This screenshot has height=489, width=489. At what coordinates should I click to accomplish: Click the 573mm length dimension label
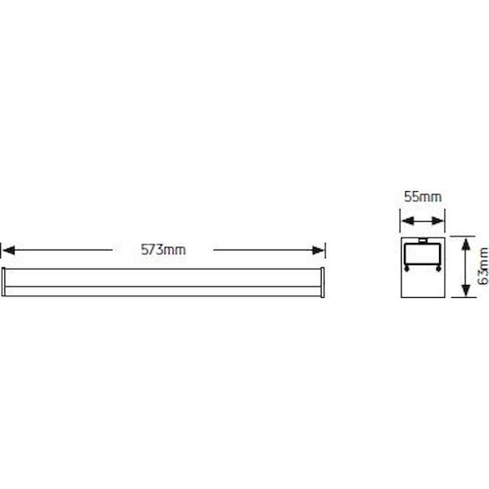(163, 250)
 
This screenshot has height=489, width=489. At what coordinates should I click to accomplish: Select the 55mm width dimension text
(423, 197)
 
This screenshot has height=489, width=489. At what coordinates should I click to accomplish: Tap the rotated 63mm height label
(483, 266)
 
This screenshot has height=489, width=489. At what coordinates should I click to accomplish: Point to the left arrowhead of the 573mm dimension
(8, 250)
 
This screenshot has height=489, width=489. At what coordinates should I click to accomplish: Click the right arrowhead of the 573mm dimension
(319, 250)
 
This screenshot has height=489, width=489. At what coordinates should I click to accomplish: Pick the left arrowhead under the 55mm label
(408, 221)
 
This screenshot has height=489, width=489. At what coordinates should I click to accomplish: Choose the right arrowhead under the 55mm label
(437, 221)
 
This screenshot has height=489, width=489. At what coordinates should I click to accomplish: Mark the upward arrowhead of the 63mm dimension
(466, 244)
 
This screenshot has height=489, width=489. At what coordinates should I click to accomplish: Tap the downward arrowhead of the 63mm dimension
(466, 290)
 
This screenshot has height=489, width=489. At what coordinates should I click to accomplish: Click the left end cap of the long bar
(4, 282)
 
